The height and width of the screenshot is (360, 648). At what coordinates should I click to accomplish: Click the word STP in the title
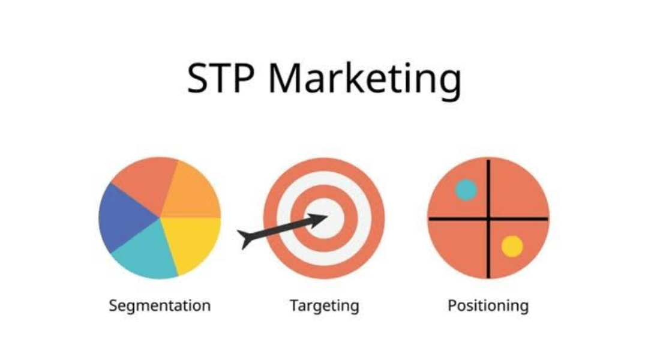[x=221, y=78]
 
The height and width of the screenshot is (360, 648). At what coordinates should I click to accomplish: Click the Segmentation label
[x=160, y=305]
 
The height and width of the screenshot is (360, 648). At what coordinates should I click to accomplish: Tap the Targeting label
[x=324, y=305]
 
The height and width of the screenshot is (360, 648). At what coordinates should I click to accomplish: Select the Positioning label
[x=488, y=305]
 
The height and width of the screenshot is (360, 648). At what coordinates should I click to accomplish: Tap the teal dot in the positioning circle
[x=466, y=190]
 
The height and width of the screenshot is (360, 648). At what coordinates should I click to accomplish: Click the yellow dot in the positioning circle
[x=512, y=246]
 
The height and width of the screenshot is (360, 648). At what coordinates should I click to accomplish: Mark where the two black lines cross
[x=488, y=218]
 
